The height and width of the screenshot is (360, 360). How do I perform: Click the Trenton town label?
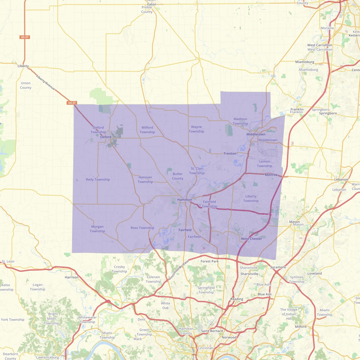pos(230,154)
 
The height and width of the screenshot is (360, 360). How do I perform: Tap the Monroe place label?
pos(271,175)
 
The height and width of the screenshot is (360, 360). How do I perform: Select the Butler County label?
pos(178,176)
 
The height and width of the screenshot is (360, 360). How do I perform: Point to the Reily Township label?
pos(98,180)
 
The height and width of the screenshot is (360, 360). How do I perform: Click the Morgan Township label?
pos(97,229)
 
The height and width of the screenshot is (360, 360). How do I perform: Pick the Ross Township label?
pos(142,228)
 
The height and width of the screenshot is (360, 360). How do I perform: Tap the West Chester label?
pos(251,239)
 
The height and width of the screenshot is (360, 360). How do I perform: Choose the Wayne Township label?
pos(196,129)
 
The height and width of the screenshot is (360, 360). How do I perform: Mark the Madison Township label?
pos(240,121)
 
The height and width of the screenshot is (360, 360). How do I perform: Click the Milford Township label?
pos(147,130)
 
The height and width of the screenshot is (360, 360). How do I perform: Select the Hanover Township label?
pos(145,179)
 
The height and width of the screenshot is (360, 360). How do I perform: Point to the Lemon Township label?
pos(265,164)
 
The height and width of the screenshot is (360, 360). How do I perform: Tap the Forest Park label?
pos(210,261)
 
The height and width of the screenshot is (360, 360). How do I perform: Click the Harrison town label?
pos(72,277)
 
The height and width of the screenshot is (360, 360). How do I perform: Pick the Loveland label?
pos(314,274)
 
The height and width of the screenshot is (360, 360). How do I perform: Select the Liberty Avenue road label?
pos(46,82)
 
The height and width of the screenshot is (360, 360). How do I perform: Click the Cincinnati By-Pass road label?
pos(179,270)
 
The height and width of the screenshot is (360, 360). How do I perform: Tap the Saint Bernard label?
pos(212,331)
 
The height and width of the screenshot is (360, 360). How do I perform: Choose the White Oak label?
pos(166,306)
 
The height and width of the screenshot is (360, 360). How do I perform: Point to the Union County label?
pos(25,85)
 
